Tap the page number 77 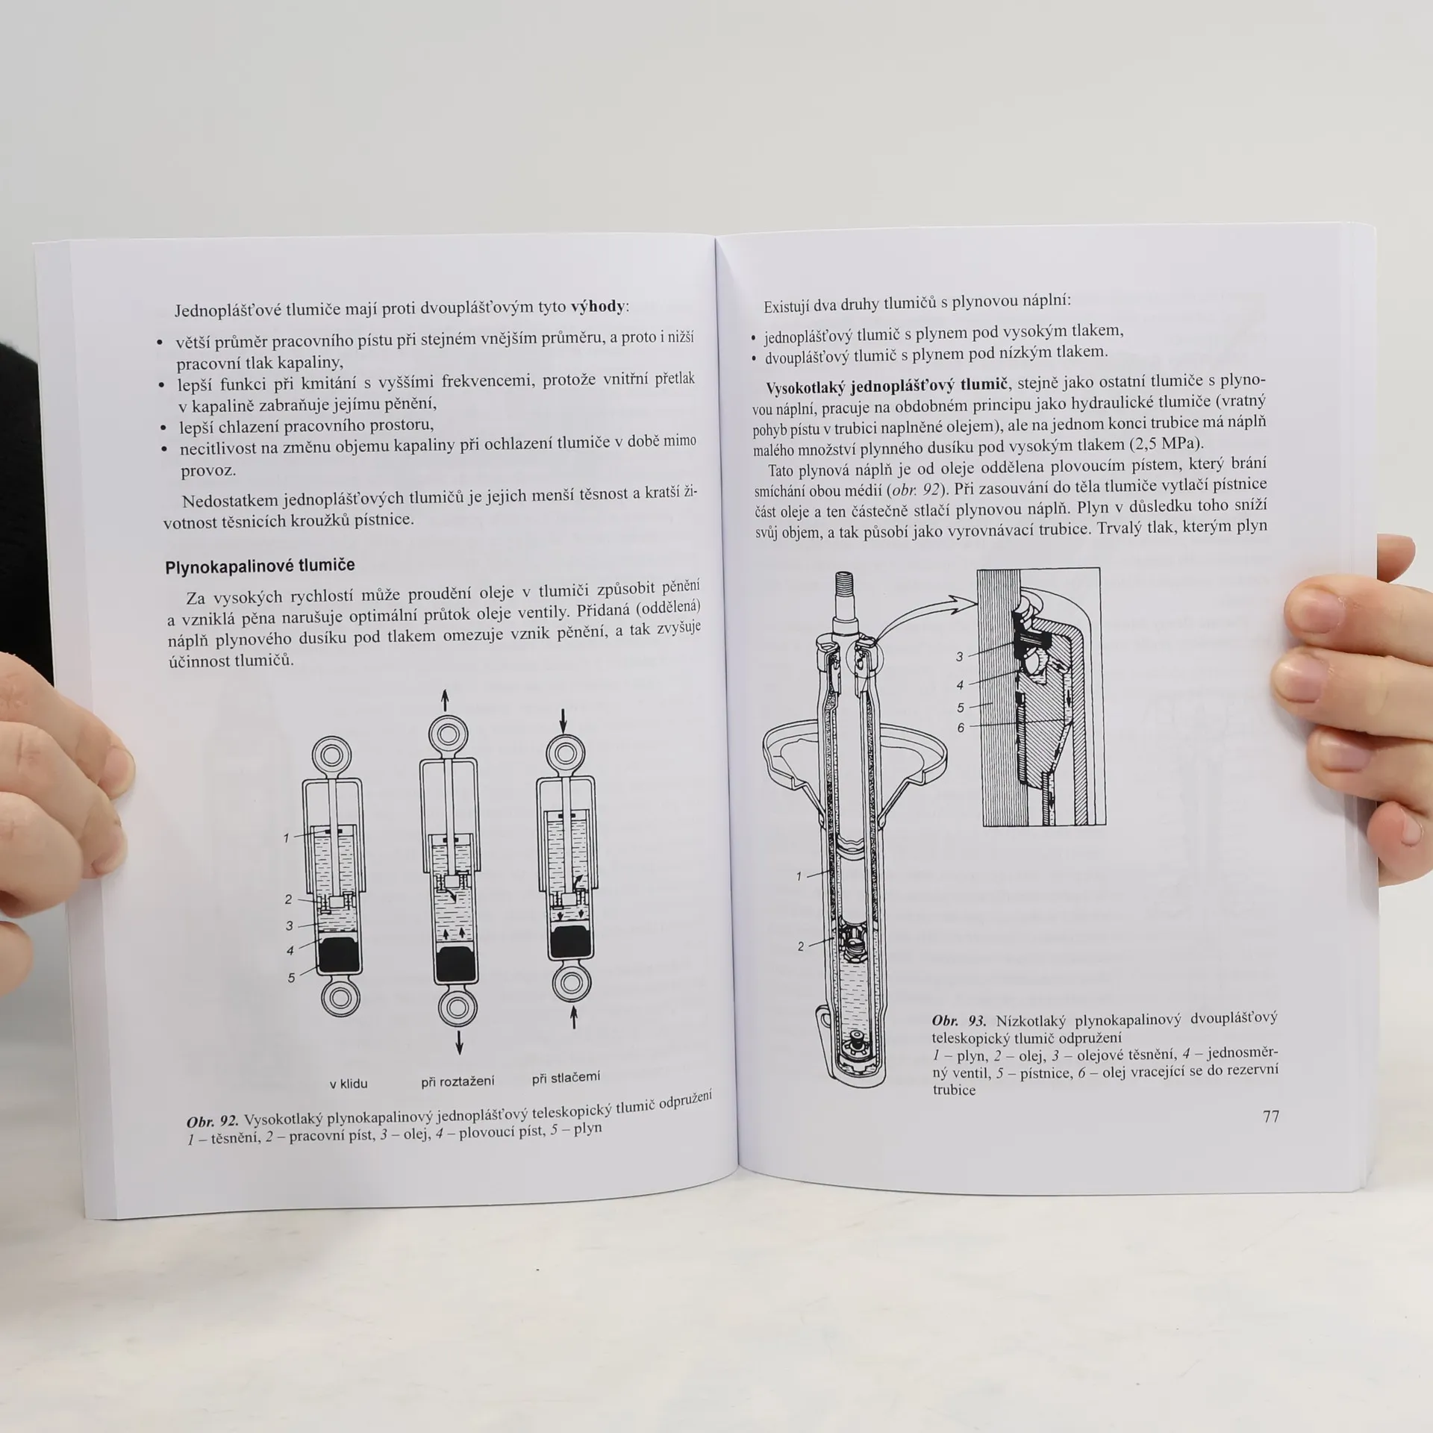coord(1271,1116)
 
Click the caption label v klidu coord(349,1084)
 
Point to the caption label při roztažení coord(458,1081)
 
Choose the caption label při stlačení coord(566,1078)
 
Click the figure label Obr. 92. coord(213,1121)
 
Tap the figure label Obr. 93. coord(958,1020)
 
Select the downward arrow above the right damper coord(563,720)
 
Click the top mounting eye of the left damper coord(331,756)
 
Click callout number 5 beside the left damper coord(291,978)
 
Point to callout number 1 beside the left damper coord(286,838)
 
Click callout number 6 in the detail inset coord(961,728)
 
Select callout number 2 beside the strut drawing coord(801,946)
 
